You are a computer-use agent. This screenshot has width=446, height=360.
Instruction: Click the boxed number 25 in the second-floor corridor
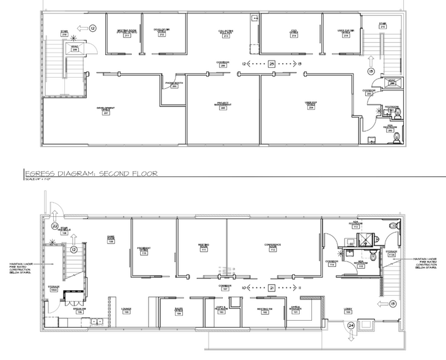click(272, 63)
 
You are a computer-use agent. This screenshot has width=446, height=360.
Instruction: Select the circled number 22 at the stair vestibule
click(54, 226)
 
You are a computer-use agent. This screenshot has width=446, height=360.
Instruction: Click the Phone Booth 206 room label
click(174, 84)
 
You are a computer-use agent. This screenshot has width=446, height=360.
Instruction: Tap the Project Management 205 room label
click(223, 105)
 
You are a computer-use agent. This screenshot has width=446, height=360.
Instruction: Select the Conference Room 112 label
click(272, 247)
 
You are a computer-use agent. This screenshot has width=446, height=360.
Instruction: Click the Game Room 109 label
click(111, 240)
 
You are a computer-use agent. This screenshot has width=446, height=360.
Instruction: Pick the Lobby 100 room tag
click(348, 312)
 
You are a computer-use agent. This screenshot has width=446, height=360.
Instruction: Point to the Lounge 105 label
click(126, 311)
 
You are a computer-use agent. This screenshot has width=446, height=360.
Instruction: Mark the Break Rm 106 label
click(80, 310)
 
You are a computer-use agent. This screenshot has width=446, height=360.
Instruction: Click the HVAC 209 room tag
click(74, 48)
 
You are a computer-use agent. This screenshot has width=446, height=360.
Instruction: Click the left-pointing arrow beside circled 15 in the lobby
click(383, 303)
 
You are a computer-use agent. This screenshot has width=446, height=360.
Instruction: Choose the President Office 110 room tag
click(144, 250)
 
